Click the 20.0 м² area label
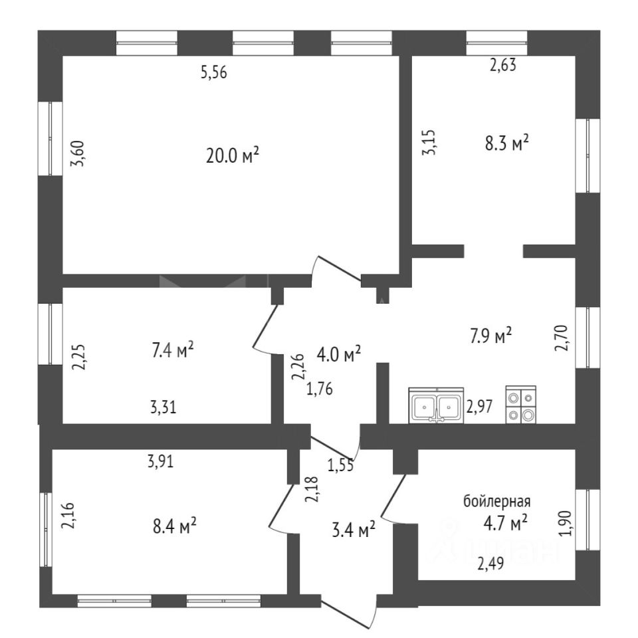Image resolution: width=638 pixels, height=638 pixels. [x=233, y=155]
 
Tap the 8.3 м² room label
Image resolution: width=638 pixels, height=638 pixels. [x=506, y=143]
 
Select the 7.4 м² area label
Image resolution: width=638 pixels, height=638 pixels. [x=172, y=350]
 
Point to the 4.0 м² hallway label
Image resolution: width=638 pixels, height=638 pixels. [x=338, y=354]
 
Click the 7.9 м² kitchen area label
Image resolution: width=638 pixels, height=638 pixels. [x=490, y=336]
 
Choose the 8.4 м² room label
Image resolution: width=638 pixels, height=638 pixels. [x=175, y=526]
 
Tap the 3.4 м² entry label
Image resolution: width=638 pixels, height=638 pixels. [x=353, y=530]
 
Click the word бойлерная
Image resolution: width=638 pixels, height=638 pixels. [x=497, y=501]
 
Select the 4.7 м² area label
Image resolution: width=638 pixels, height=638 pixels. [x=505, y=523]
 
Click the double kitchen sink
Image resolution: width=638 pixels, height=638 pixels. [x=436, y=405]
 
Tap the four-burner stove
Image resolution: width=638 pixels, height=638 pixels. [x=521, y=405]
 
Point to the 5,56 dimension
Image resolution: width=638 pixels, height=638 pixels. [x=214, y=73]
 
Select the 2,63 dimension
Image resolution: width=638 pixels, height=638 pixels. [x=503, y=65]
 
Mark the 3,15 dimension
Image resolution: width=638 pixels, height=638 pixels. [x=429, y=142]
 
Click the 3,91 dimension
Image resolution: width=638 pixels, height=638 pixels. [x=161, y=461]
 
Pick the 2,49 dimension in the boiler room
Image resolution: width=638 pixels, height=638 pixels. [x=490, y=564]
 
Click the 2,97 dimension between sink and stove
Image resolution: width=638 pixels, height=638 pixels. [x=479, y=407]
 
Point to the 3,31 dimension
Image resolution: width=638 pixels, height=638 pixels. [x=163, y=407]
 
